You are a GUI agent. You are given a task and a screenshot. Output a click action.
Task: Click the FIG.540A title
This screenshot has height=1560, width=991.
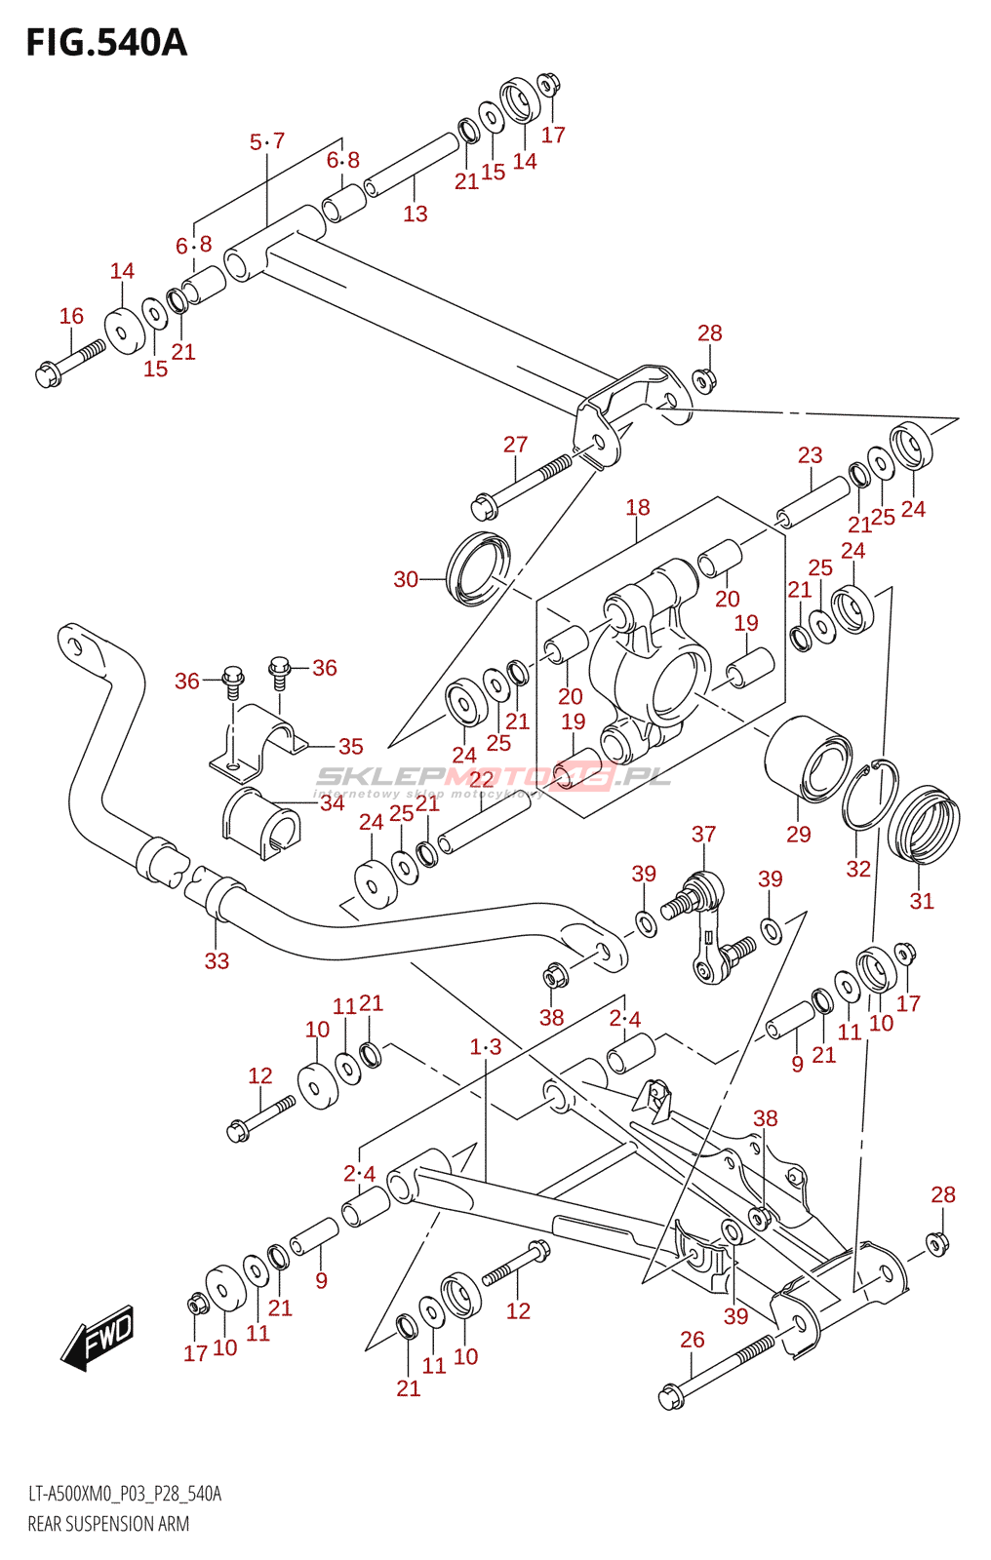(106, 43)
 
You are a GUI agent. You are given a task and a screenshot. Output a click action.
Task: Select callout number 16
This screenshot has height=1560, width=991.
(71, 316)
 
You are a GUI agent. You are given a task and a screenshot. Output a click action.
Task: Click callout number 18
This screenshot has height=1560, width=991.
(638, 508)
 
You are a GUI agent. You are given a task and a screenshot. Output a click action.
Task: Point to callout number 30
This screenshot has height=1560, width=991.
(406, 579)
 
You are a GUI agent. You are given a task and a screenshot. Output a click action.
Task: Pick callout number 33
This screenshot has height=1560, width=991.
(217, 961)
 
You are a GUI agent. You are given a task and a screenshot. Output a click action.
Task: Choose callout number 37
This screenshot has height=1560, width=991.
(704, 834)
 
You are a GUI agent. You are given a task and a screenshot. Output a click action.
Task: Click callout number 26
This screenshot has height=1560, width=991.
(692, 1340)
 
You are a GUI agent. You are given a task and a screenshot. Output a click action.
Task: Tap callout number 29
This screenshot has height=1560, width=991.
(799, 835)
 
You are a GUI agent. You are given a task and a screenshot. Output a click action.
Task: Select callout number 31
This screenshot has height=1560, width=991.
(922, 901)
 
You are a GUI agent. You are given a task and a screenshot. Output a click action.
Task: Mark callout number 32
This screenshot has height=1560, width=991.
(858, 869)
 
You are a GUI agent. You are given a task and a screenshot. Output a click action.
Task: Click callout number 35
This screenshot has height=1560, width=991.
(350, 747)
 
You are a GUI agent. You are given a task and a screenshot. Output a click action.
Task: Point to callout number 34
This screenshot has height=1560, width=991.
(333, 803)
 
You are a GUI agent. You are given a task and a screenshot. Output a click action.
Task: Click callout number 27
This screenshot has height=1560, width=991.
(515, 445)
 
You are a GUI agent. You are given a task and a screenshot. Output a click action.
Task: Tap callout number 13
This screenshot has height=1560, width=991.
(416, 214)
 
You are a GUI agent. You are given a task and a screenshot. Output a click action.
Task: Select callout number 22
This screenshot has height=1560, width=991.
(481, 779)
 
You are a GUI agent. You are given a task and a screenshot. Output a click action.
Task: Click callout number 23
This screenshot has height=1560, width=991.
(811, 455)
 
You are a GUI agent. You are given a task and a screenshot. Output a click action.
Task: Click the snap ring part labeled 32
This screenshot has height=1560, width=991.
(870, 795)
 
